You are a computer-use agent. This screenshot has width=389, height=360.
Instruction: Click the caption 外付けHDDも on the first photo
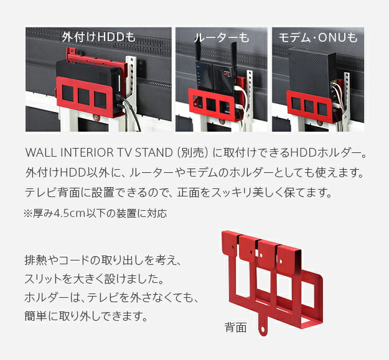click(99, 37)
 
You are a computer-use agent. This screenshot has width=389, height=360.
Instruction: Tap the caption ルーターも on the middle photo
click(222, 38)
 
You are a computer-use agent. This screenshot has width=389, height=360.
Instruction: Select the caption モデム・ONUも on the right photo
click(318, 38)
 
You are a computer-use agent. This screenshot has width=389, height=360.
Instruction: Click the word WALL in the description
click(41, 152)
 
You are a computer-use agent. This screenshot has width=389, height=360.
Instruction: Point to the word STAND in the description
click(154, 152)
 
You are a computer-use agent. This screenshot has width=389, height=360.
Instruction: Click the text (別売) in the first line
click(192, 152)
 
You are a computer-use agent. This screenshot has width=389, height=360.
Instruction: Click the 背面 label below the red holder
click(235, 327)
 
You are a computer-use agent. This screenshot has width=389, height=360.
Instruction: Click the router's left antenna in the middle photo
click(198, 52)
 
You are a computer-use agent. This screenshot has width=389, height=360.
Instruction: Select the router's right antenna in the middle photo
click(233, 54)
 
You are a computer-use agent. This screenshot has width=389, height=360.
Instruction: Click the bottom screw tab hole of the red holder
click(263, 330)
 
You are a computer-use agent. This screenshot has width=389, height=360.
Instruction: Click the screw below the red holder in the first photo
click(96, 118)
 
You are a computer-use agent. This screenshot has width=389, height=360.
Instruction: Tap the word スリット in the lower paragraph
click(43, 279)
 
